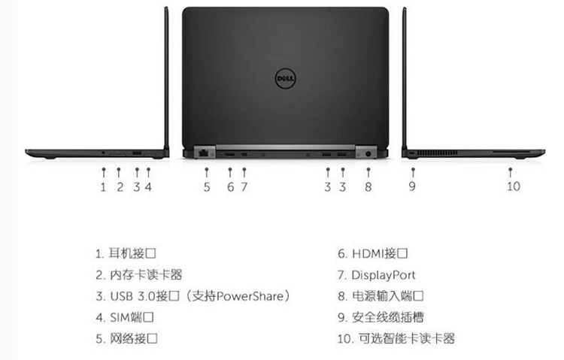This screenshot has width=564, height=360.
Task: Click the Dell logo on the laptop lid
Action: click(285, 78)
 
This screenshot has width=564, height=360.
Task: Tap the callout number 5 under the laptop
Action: click(207, 187)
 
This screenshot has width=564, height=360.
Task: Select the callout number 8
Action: click(368, 187)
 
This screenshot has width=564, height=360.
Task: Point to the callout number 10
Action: click(514, 186)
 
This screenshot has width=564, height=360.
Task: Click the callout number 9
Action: click(412, 186)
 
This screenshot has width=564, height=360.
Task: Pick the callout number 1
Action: click(103, 187)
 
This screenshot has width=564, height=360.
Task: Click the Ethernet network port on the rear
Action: click(204, 153)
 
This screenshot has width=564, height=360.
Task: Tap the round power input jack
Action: click(368, 154)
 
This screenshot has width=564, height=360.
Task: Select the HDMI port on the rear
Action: click(229, 155)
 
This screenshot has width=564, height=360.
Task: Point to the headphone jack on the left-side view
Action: click(104, 153)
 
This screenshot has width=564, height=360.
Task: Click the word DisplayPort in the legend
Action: click(384, 275)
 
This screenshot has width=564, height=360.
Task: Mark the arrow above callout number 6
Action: click(230, 172)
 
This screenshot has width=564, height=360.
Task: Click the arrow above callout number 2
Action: click(119, 172)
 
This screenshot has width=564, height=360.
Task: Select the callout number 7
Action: click(244, 187)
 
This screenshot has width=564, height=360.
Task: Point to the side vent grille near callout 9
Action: click(438, 153)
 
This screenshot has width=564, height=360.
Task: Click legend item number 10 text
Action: click(396, 338)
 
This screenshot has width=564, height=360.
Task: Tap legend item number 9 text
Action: click(381, 317)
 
